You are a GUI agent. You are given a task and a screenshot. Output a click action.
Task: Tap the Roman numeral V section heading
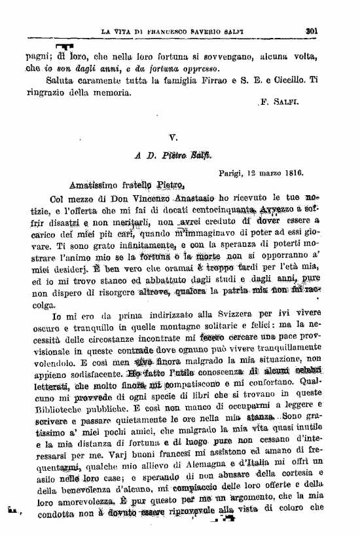(173, 138)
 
